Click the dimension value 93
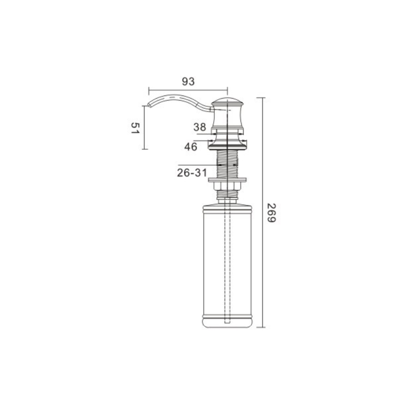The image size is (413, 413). coord(188,82)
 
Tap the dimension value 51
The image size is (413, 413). coord(135,128)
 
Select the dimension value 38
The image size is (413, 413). coord(200,127)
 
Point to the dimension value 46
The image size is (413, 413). coord(190,147)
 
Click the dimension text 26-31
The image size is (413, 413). coord(192,173)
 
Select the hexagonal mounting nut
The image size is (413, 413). coord(227,186)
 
